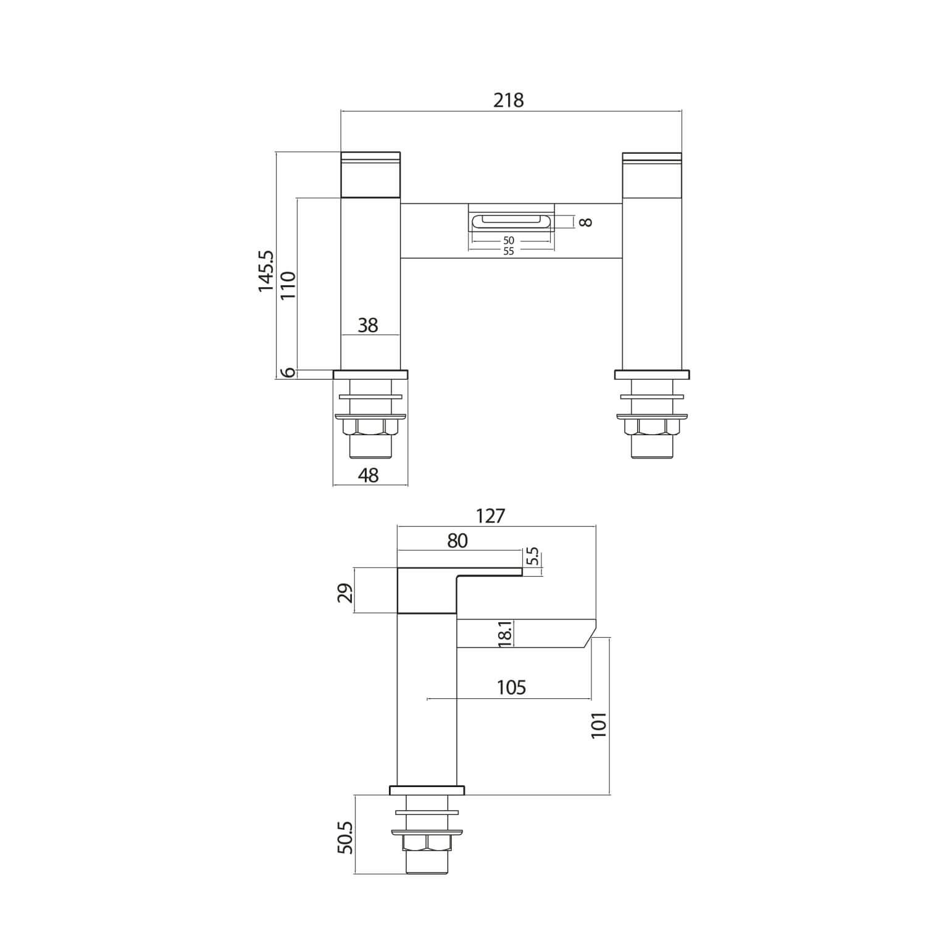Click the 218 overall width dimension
pos(508,100)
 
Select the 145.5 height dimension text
pos(267,270)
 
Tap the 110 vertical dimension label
pos(288,285)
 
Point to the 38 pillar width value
pos(368,325)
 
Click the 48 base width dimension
pos(369,475)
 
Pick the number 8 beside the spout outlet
pos(586,222)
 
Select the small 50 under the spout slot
pos(508,241)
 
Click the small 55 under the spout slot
pos(508,251)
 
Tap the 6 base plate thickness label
pos(288,373)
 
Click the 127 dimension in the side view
pos(491,516)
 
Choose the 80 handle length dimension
pos(457,541)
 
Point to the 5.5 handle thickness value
pos(533,557)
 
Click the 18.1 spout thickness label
pos(504,634)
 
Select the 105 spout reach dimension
pos(511,687)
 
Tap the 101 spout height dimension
pos(599,725)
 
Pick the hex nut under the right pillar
pos(652,427)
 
